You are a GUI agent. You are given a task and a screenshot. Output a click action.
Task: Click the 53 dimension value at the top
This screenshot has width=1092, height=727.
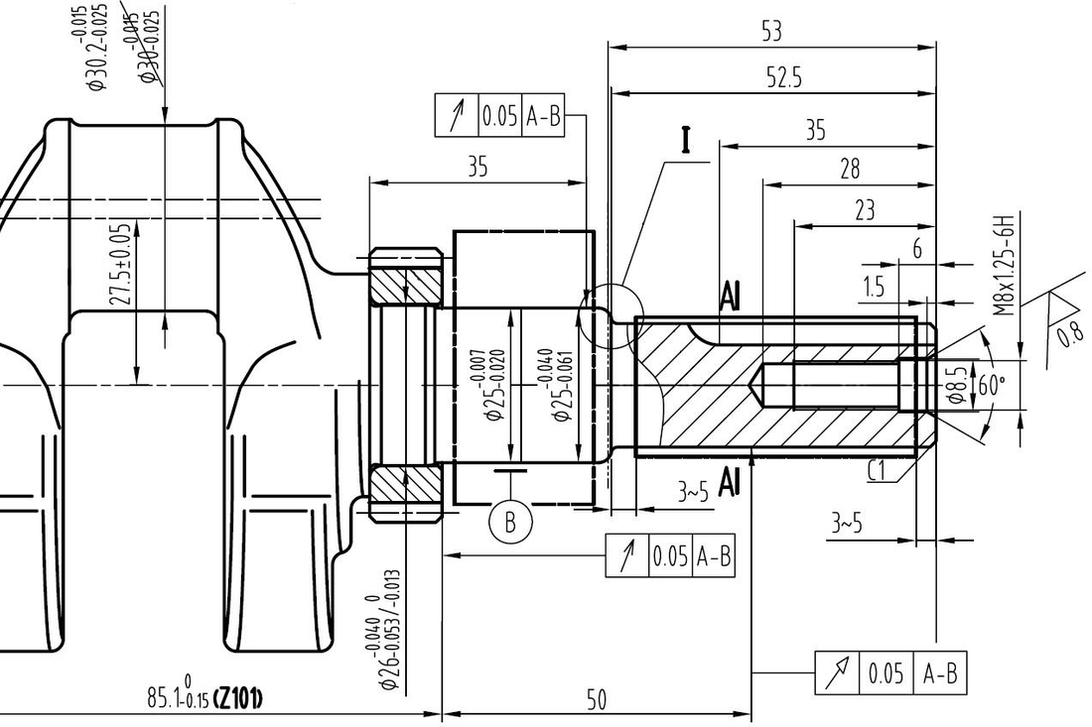(771, 31)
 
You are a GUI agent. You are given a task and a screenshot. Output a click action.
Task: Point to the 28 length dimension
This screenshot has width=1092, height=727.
(849, 169)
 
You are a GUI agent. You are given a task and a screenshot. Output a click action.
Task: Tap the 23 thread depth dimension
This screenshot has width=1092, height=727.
(865, 210)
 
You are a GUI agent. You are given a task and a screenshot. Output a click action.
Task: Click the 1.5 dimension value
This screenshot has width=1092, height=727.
(874, 288)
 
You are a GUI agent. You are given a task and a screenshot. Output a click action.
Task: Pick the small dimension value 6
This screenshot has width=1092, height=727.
(917, 250)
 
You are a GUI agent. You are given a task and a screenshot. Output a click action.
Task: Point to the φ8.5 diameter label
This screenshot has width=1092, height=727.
(957, 385)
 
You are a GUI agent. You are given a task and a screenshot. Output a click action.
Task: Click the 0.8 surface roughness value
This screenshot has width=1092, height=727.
(1071, 331)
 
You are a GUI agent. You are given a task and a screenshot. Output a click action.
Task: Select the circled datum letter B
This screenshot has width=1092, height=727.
(511, 522)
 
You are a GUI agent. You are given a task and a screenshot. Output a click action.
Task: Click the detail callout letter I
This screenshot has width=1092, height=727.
(685, 142)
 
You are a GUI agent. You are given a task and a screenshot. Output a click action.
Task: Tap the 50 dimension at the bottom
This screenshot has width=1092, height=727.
(595, 700)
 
